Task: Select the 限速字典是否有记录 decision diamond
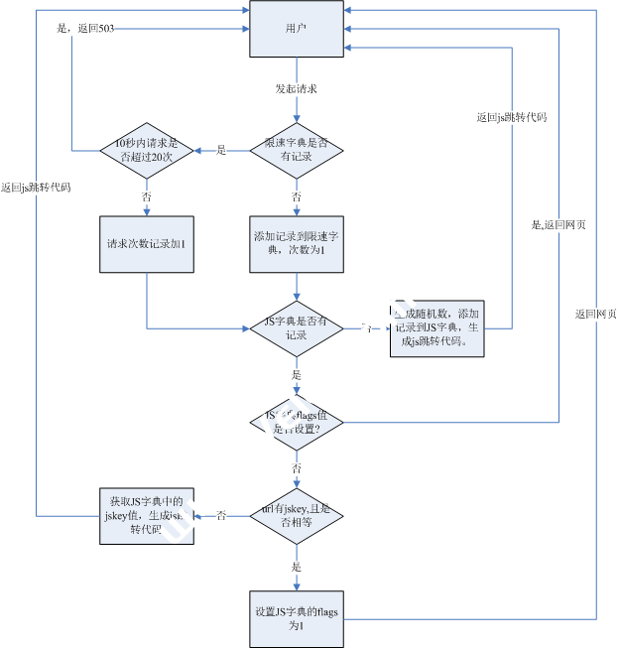(296, 150)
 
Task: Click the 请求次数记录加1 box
(147, 244)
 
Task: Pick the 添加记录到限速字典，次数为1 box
(296, 244)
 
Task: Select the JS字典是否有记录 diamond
(296, 328)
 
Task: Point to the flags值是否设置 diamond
(296, 422)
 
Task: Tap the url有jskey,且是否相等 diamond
(296, 515)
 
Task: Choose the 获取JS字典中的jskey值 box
(147, 515)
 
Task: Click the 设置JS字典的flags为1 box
(296, 619)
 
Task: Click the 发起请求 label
(296, 89)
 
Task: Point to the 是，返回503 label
(86, 29)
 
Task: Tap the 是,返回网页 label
(558, 225)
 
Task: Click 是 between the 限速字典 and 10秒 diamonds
(221, 150)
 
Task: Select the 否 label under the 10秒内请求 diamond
(147, 196)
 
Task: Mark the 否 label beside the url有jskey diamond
(221, 516)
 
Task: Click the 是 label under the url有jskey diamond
(296, 567)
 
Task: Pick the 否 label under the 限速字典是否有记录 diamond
(296, 196)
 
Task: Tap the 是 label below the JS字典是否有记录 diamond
(296, 375)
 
